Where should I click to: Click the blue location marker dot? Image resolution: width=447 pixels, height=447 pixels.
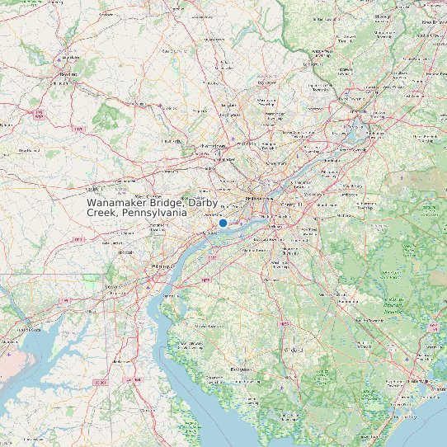[x=223, y=223]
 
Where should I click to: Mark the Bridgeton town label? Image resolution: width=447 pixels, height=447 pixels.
[x=241, y=369]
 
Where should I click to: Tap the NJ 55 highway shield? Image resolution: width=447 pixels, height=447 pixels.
[x=285, y=324]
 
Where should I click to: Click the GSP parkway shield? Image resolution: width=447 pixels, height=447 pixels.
[x=432, y=327]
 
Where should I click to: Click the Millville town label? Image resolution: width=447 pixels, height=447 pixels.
[x=293, y=375]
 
